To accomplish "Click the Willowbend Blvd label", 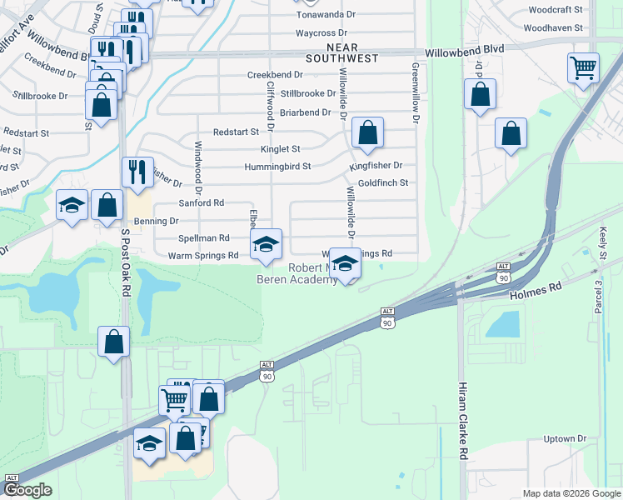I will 464,51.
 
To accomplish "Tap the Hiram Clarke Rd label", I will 464,421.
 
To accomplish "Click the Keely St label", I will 601,244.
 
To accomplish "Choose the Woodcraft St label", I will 557,12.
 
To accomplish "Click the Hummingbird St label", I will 277,166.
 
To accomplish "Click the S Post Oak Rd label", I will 126,262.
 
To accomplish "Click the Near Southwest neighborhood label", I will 341,53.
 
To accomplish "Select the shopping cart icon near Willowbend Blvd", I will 583,67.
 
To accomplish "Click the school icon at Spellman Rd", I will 267,243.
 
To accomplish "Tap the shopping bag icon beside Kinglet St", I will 367,132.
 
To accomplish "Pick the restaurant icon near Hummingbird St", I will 137,172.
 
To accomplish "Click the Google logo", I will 27,491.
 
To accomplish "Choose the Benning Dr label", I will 162,221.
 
